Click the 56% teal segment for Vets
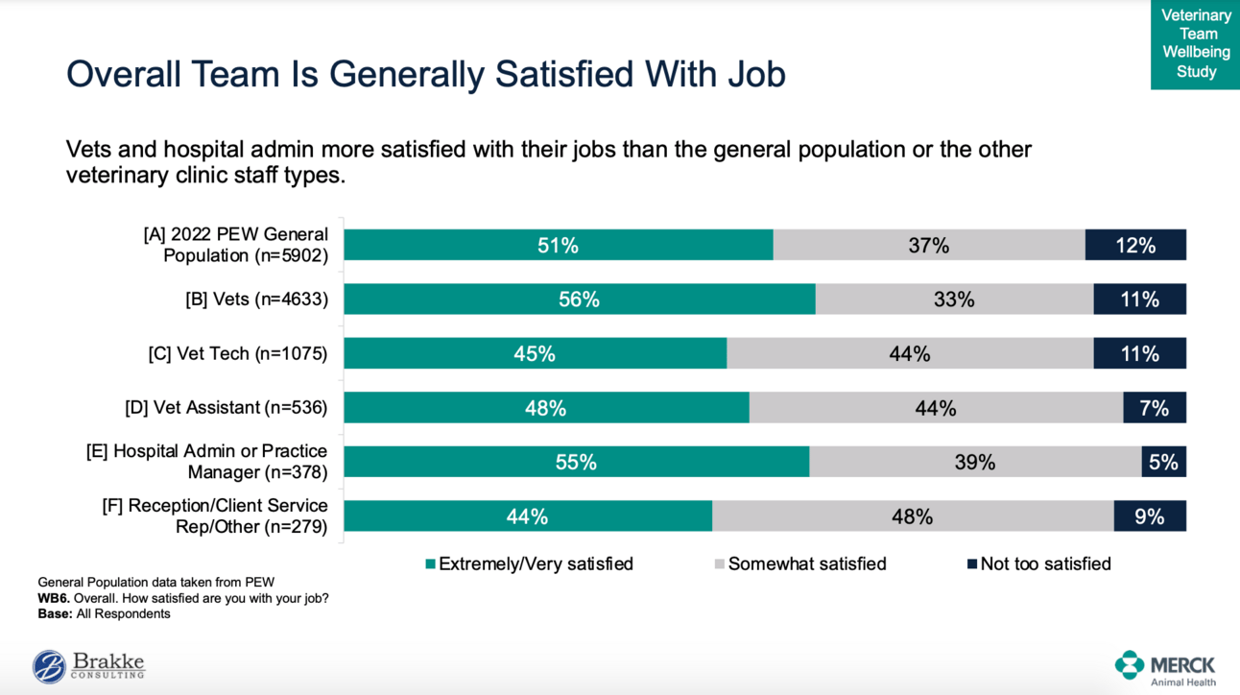point(580,300)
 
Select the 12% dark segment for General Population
point(1135,246)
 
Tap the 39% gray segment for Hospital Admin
point(975,463)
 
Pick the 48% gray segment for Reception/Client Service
point(912,516)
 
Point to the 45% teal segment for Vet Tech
point(535,354)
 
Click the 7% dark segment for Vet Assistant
point(1155,408)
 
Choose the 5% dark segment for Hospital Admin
point(1163,463)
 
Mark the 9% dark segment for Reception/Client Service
point(1150,516)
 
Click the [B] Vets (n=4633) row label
point(256,300)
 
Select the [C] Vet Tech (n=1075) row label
point(237,354)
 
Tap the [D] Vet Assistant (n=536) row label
point(226,408)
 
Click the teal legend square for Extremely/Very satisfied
point(431,564)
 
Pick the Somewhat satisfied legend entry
point(807,564)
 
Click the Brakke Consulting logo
point(88,665)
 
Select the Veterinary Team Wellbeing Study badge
point(1196,43)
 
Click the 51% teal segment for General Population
point(558,246)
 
